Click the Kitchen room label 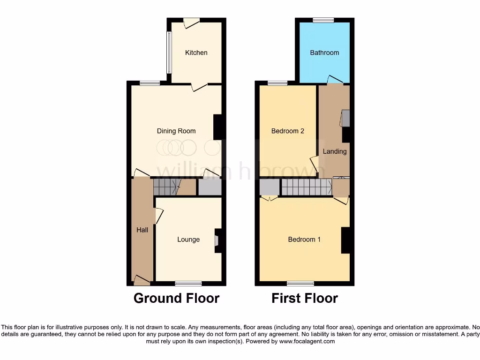[x=196, y=52]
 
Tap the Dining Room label [x=176, y=131]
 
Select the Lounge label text [x=188, y=240]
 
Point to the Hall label [x=142, y=230]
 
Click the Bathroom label [x=324, y=52]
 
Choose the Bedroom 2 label [x=288, y=131]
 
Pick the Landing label [x=335, y=151]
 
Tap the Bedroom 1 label [x=304, y=240]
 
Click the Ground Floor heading [x=176, y=298]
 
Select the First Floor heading [x=305, y=298]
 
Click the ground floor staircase [x=166, y=187]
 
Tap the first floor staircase [x=307, y=187]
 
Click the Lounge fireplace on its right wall [x=218, y=240]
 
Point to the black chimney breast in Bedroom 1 [x=346, y=240]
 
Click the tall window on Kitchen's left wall [x=169, y=52]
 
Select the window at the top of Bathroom [x=324, y=20]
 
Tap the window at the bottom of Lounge [x=188, y=283]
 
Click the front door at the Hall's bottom [x=141, y=280]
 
